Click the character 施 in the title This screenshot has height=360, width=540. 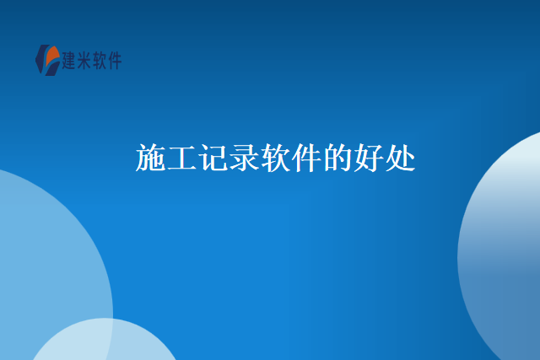click(150, 159)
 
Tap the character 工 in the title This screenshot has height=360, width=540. click(182, 159)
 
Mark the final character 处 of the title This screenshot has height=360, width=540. click(401, 159)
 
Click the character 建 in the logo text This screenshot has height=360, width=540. click(70, 61)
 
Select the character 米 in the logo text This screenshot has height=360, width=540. click(85, 61)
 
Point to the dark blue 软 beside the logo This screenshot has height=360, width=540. click(100, 61)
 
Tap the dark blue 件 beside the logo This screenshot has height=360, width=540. click(116, 61)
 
